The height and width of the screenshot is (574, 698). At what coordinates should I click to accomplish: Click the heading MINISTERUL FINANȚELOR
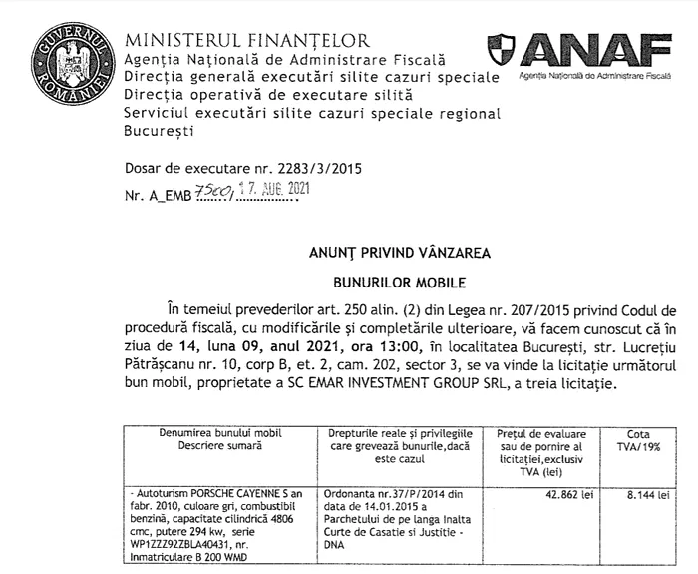click(x=246, y=41)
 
